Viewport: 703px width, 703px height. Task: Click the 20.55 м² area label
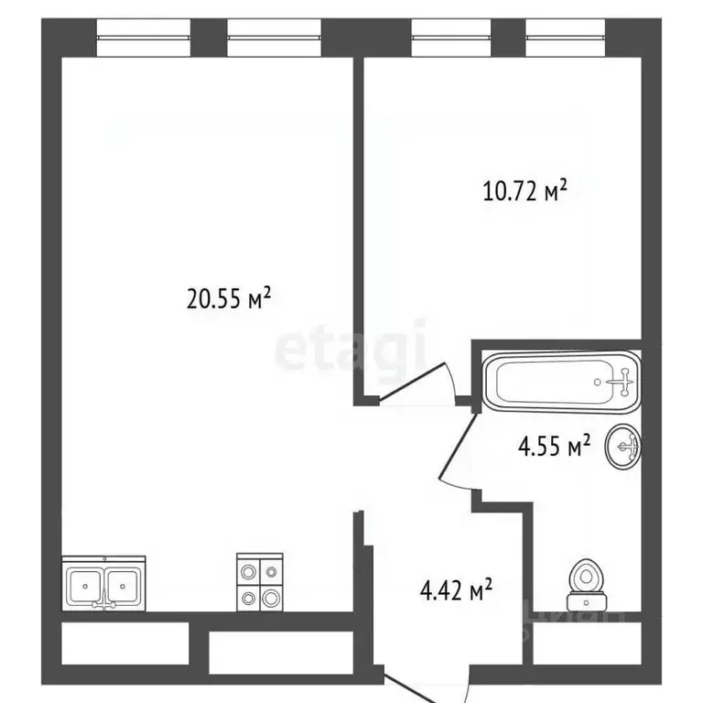(x=229, y=298)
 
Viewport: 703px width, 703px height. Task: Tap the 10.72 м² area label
(x=525, y=191)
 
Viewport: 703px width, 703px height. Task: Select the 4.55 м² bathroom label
(x=554, y=446)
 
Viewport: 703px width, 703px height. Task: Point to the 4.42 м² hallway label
(x=456, y=589)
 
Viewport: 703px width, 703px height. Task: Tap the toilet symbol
(x=586, y=585)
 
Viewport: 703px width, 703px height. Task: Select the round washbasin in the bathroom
(x=623, y=446)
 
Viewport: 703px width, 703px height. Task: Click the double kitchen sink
(x=103, y=583)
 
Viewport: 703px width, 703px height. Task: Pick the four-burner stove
(x=260, y=582)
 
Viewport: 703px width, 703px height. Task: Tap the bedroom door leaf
(x=412, y=380)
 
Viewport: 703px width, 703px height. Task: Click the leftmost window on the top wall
(x=144, y=38)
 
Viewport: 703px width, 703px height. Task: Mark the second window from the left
(x=274, y=38)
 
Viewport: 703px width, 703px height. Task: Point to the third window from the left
(x=451, y=38)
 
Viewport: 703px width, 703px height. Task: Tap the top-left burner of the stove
(x=248, y=571)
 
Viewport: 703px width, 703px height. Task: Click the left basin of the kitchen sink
(x=85, y=586)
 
